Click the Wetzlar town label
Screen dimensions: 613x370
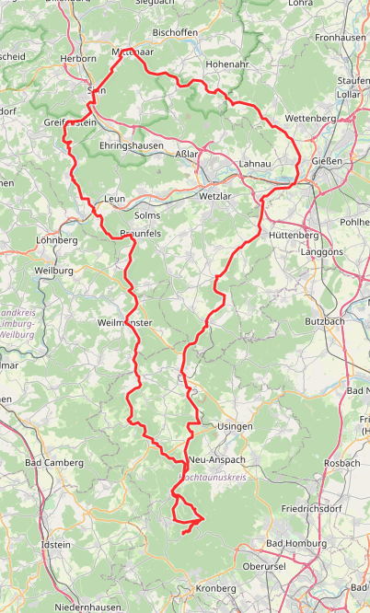[x=218, y=197]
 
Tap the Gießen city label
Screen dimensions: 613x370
[x=327, y=161]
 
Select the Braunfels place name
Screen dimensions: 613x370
[x=141, y=234]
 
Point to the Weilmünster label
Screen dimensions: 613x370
[x=124, y=323]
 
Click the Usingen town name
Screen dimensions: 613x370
[x=233, y=427]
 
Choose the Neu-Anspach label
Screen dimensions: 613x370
[x=214, y=458]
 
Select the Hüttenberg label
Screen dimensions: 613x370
[x=294, y=235]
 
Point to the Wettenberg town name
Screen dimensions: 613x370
[x=311, y=119]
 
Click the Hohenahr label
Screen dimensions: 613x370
[x=227, y=64]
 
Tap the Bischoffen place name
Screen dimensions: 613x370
[x=175, y=31]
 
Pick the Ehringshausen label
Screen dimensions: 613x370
[x=131, y=145]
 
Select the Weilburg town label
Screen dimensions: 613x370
[x=52, y=272]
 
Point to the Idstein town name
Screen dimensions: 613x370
[x=56, y=545]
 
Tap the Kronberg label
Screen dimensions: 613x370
[x=215, y=587]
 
